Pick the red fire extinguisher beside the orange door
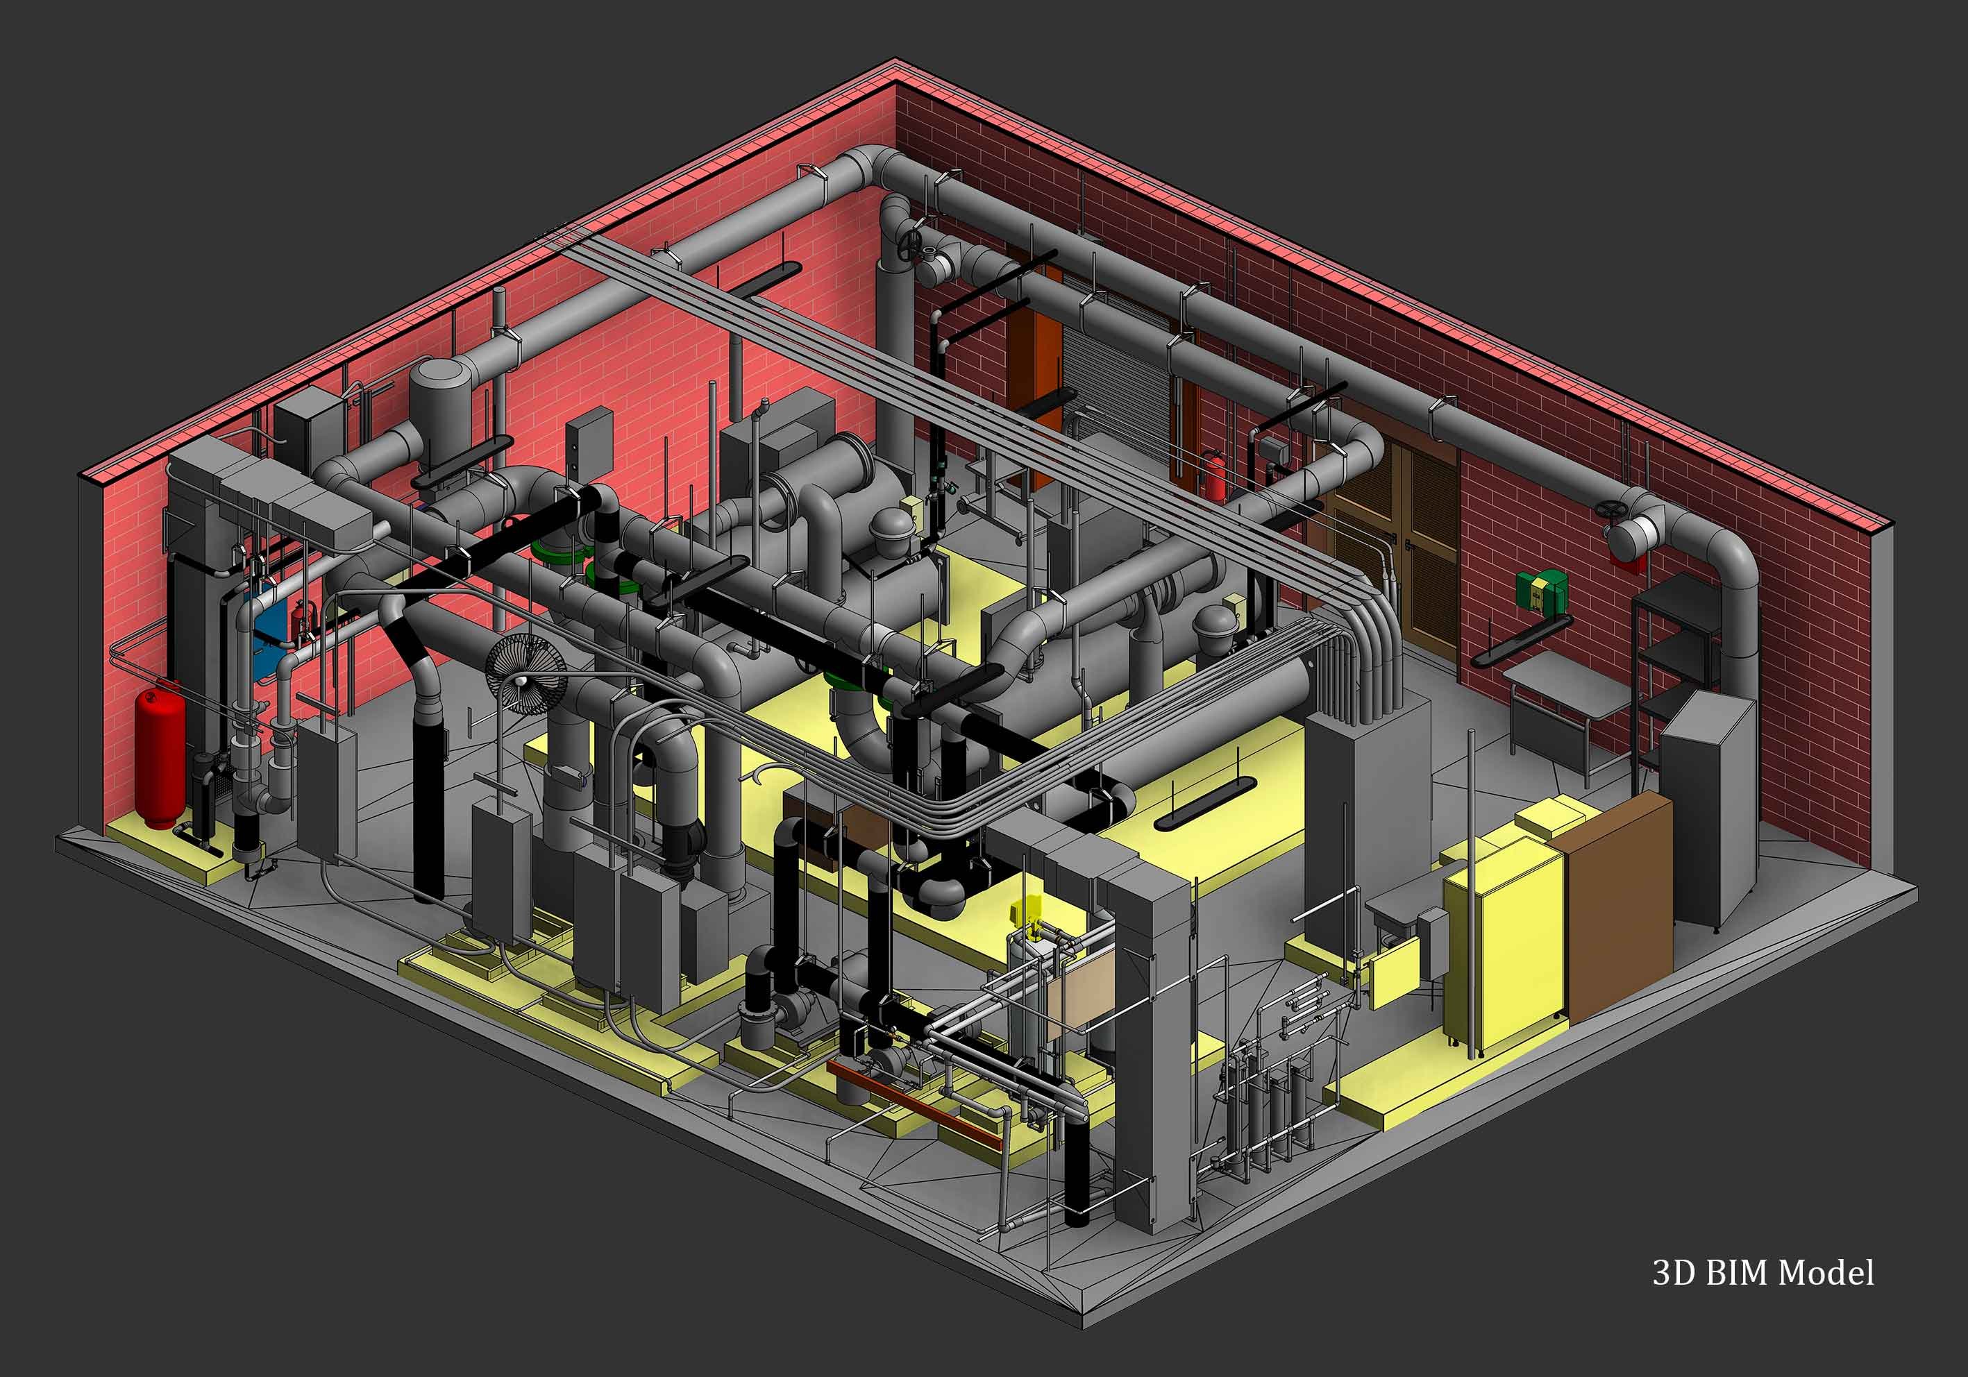pos(1213,474)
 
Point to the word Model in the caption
pos(1826,1272)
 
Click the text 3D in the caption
pos(1672,1272)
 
